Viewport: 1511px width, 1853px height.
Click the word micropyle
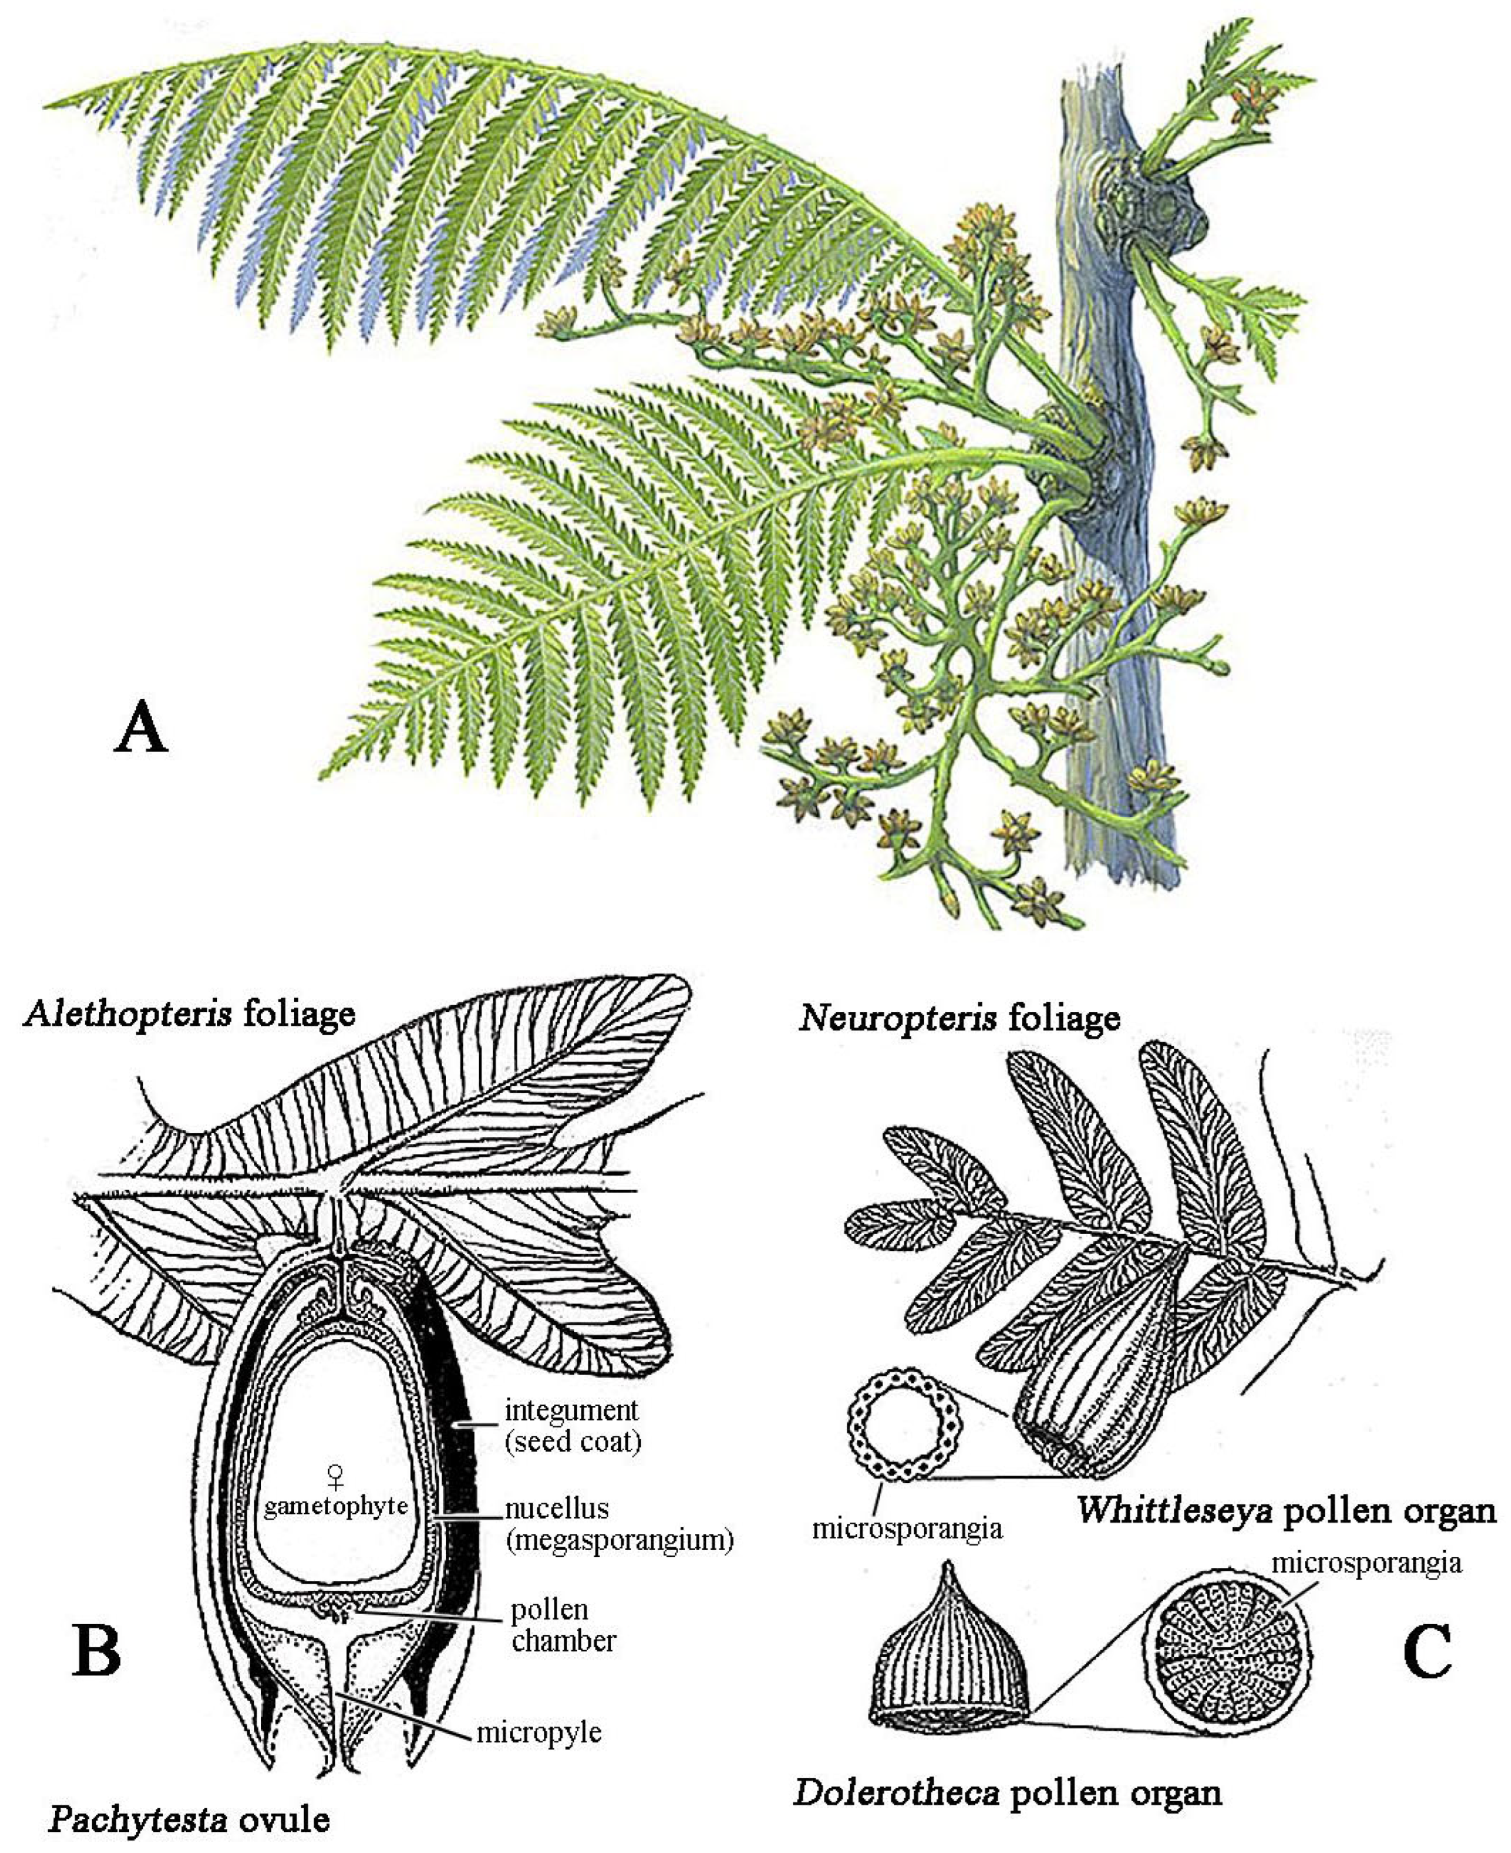(538, 1733)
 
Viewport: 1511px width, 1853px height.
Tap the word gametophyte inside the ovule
(336, 1506)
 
